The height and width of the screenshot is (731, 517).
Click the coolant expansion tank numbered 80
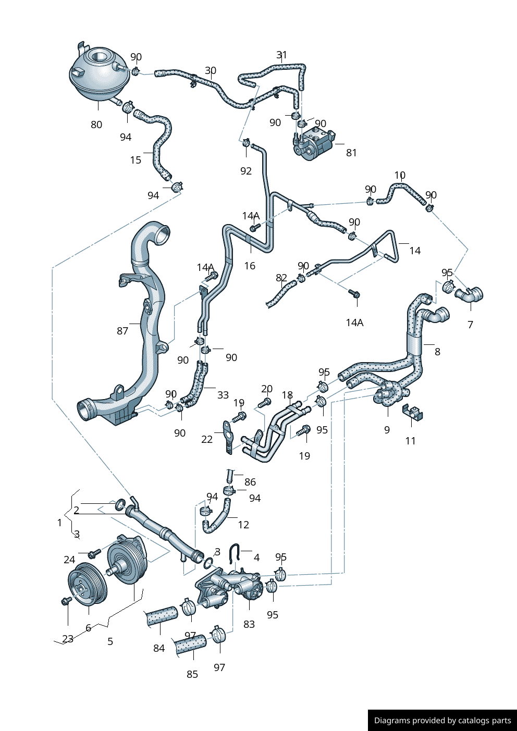(99, 73)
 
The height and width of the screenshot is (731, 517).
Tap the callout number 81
(352, 153)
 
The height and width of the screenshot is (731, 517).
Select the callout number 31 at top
(281, 55)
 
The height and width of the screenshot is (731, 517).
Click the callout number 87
(122, 331)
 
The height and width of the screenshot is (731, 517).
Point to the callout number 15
(136, 160)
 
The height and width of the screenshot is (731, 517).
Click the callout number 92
(246, 171)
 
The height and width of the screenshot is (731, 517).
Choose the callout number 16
(250, 266)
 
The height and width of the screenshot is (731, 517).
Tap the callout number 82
(281, 278)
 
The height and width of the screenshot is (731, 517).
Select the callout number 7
(470, 325)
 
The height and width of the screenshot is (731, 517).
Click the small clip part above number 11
(413, 413)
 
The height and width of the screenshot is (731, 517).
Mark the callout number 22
(207, 439)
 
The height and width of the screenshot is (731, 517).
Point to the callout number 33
(223, 395)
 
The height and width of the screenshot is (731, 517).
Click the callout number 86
(250, 482)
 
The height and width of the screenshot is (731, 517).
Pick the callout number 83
(249, 624)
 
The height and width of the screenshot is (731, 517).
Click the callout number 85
(192, 674)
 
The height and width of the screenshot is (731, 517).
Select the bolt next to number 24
(93, 553)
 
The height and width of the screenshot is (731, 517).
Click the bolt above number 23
(66, 601)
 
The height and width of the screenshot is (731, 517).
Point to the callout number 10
(400, 175)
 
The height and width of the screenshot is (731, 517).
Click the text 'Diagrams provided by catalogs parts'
(442, 721)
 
